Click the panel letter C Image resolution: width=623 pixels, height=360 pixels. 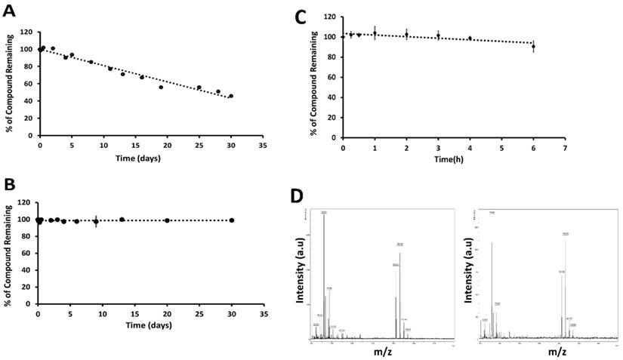pyautogui.click(x=301, y=16)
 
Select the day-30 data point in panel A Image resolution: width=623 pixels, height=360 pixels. pyautogui.click(x=231, y=96)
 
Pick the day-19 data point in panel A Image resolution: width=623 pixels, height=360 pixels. pyautogui.click(x=161, y=87)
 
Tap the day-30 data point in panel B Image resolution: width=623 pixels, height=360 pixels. pyautogui.click(x=231, y=220)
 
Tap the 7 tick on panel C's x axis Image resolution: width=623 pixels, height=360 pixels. pyautogui.click(x=565, y=147)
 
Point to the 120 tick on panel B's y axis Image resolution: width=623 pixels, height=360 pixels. pyautogui.click(x=26, y=204)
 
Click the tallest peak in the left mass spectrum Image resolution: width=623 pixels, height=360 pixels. pyautogui.click(x=324, y=216)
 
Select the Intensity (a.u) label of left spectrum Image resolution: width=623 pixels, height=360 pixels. pyautogui.click(x=300, y=277)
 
